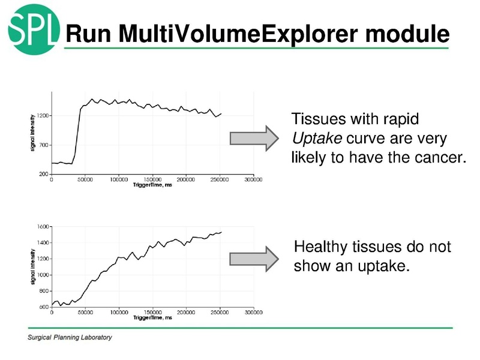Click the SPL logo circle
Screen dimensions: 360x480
coord(34,28)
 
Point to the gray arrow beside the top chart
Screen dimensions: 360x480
coord(254,138)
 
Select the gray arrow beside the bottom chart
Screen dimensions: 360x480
coord(254,258)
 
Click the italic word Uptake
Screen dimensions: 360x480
coord(316,139)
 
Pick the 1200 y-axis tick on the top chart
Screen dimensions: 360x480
coord(41,115)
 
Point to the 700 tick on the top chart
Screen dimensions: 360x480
coord(43,145)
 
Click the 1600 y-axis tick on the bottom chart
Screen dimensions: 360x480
coord(42,226)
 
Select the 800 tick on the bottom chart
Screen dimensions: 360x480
coord(43,291)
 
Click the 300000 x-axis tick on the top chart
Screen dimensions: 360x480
coord(253,179)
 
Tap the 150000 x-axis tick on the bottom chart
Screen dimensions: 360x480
coord(152,313)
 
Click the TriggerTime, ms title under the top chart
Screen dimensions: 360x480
coord(152,185)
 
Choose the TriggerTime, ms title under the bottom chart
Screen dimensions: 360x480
coord(152,318)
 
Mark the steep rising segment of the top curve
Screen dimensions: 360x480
coord(77,135)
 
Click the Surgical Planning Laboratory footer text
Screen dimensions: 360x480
coord(70,337)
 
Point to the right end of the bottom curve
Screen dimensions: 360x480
coord(221,232)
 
